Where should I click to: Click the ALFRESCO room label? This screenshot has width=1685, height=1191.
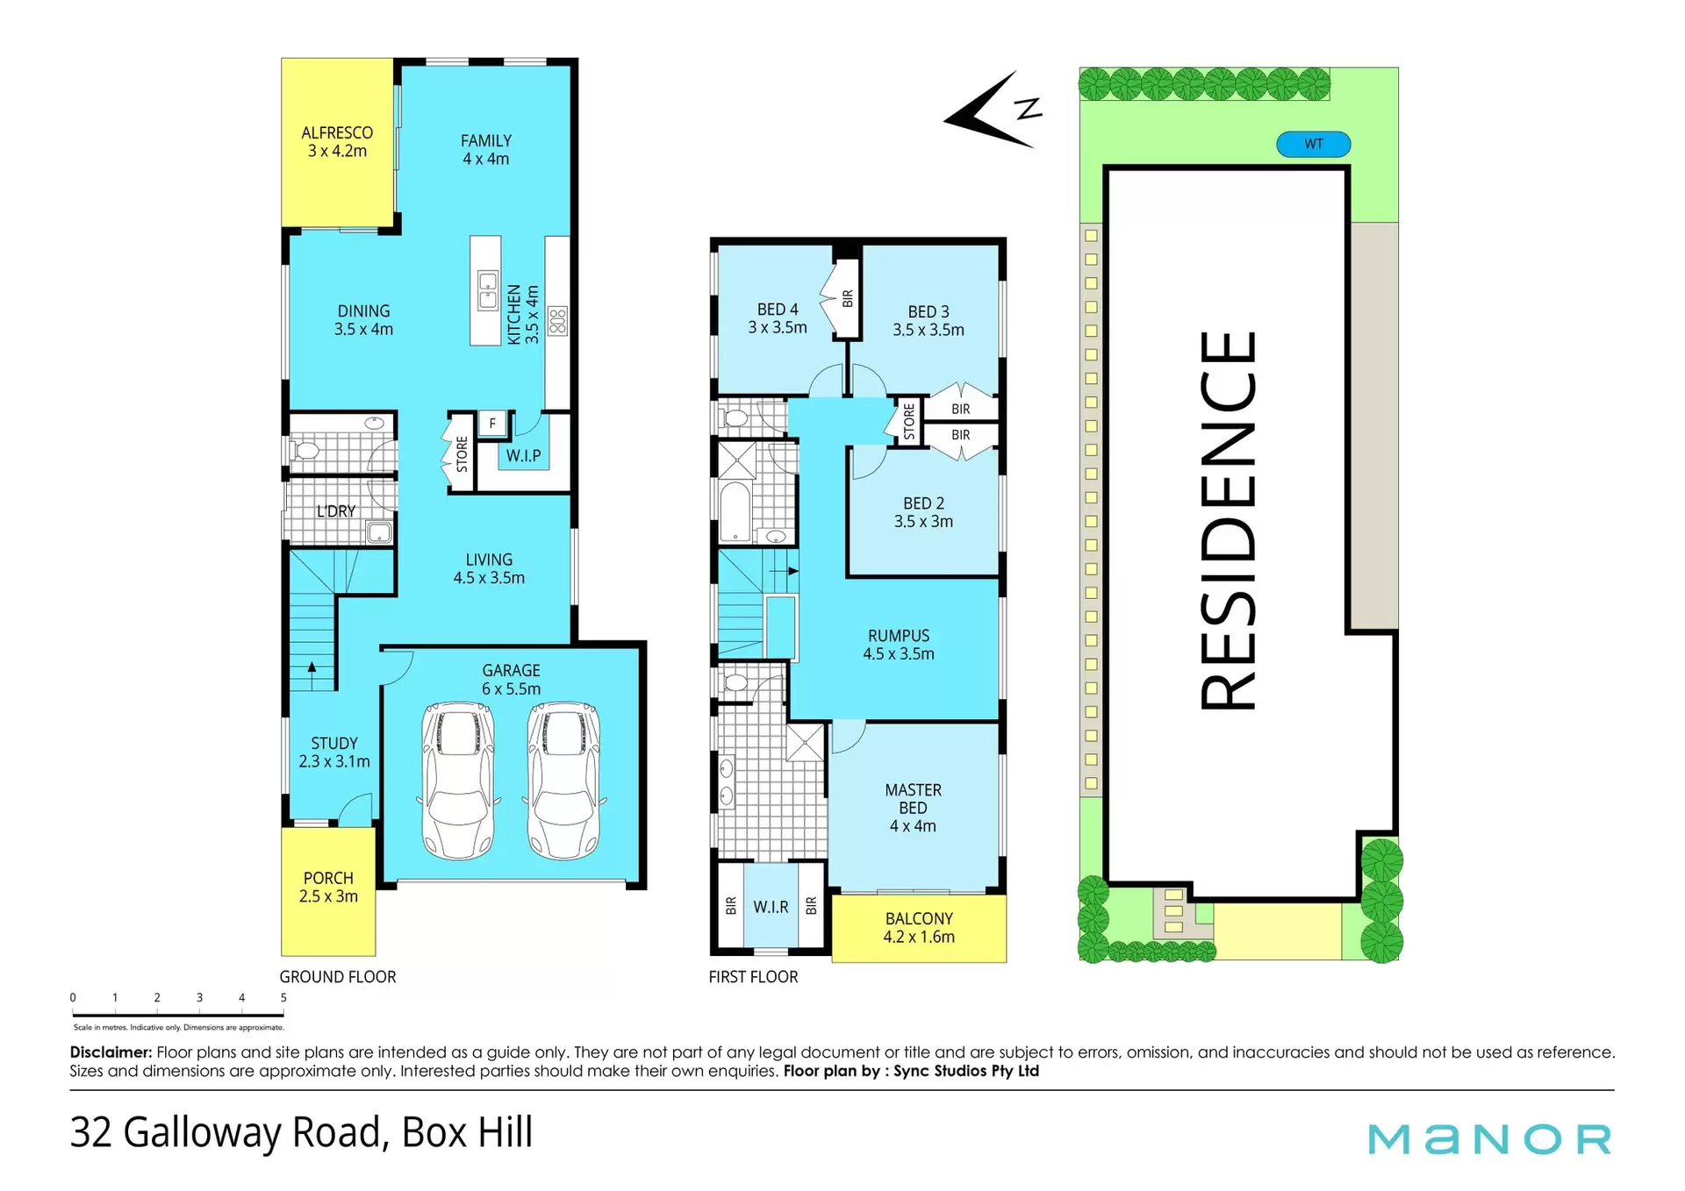[337, 133]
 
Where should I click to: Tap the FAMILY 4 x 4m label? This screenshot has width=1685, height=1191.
[486, 150]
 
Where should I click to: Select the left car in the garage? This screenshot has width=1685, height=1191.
[458, 781]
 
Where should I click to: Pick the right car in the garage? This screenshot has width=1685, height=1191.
[563, 781]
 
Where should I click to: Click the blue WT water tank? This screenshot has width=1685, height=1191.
[1313, 144]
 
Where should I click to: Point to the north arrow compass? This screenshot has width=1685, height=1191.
[993, 111]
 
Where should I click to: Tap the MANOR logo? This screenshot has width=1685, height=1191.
[1489, 1139]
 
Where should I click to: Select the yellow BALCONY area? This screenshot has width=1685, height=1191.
[919, 928]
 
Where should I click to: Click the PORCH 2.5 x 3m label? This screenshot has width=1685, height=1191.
[328, 888]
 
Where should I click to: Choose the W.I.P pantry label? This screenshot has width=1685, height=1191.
[523, 456]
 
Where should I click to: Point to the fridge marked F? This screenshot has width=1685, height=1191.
[492, 424]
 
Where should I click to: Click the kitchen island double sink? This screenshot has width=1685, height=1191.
[488, 291]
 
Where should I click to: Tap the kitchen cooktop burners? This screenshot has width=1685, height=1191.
[557, 322]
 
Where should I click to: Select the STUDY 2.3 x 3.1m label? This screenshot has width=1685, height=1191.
[334, 752]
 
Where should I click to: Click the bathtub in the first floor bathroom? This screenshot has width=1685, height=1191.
[735, 511]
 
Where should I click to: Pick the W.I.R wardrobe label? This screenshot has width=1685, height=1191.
[771, 908]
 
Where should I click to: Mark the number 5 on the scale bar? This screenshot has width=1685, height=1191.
[283, 998]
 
